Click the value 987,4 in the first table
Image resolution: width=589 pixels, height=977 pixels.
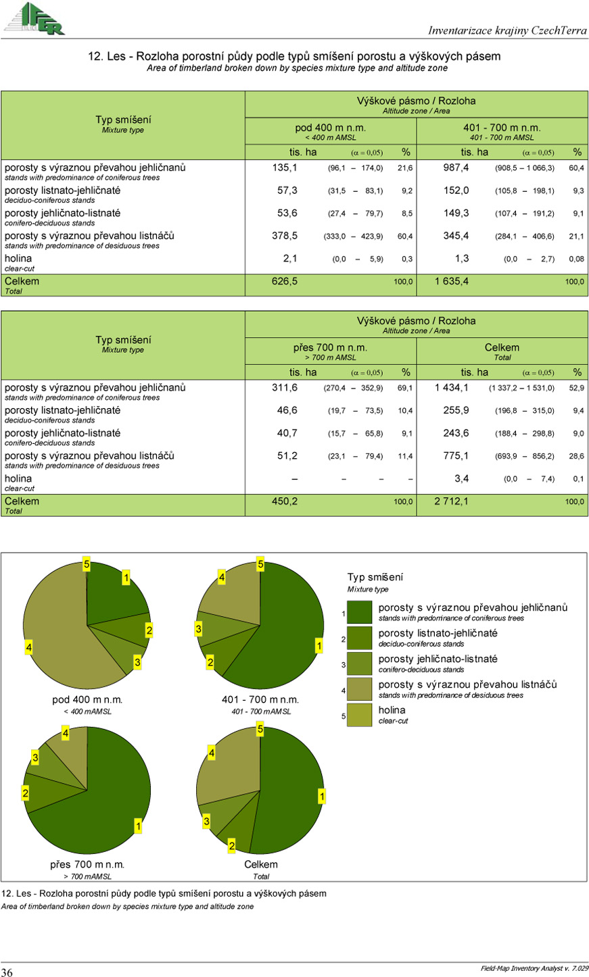pyautogui.click(x=456, y=168)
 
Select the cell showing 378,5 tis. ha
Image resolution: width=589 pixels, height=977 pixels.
pyautogui.click(x=284, y=236)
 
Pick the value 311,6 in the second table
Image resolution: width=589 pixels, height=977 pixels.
pyautogui.click(x=285, y=388)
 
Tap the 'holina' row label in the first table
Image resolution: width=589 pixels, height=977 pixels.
pyautogui.click(x=18, y=259)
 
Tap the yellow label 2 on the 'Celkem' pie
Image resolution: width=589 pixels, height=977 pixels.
pyautogui.click(x=231, y=846)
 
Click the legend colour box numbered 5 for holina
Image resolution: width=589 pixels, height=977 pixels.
pyautogui.click(x=364, y=716)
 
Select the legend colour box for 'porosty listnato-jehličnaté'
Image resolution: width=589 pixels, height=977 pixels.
pyautogui.click(x=364, y=638)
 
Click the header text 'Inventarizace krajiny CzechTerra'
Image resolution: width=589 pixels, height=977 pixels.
pyautogui.click(x=507, y=30)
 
